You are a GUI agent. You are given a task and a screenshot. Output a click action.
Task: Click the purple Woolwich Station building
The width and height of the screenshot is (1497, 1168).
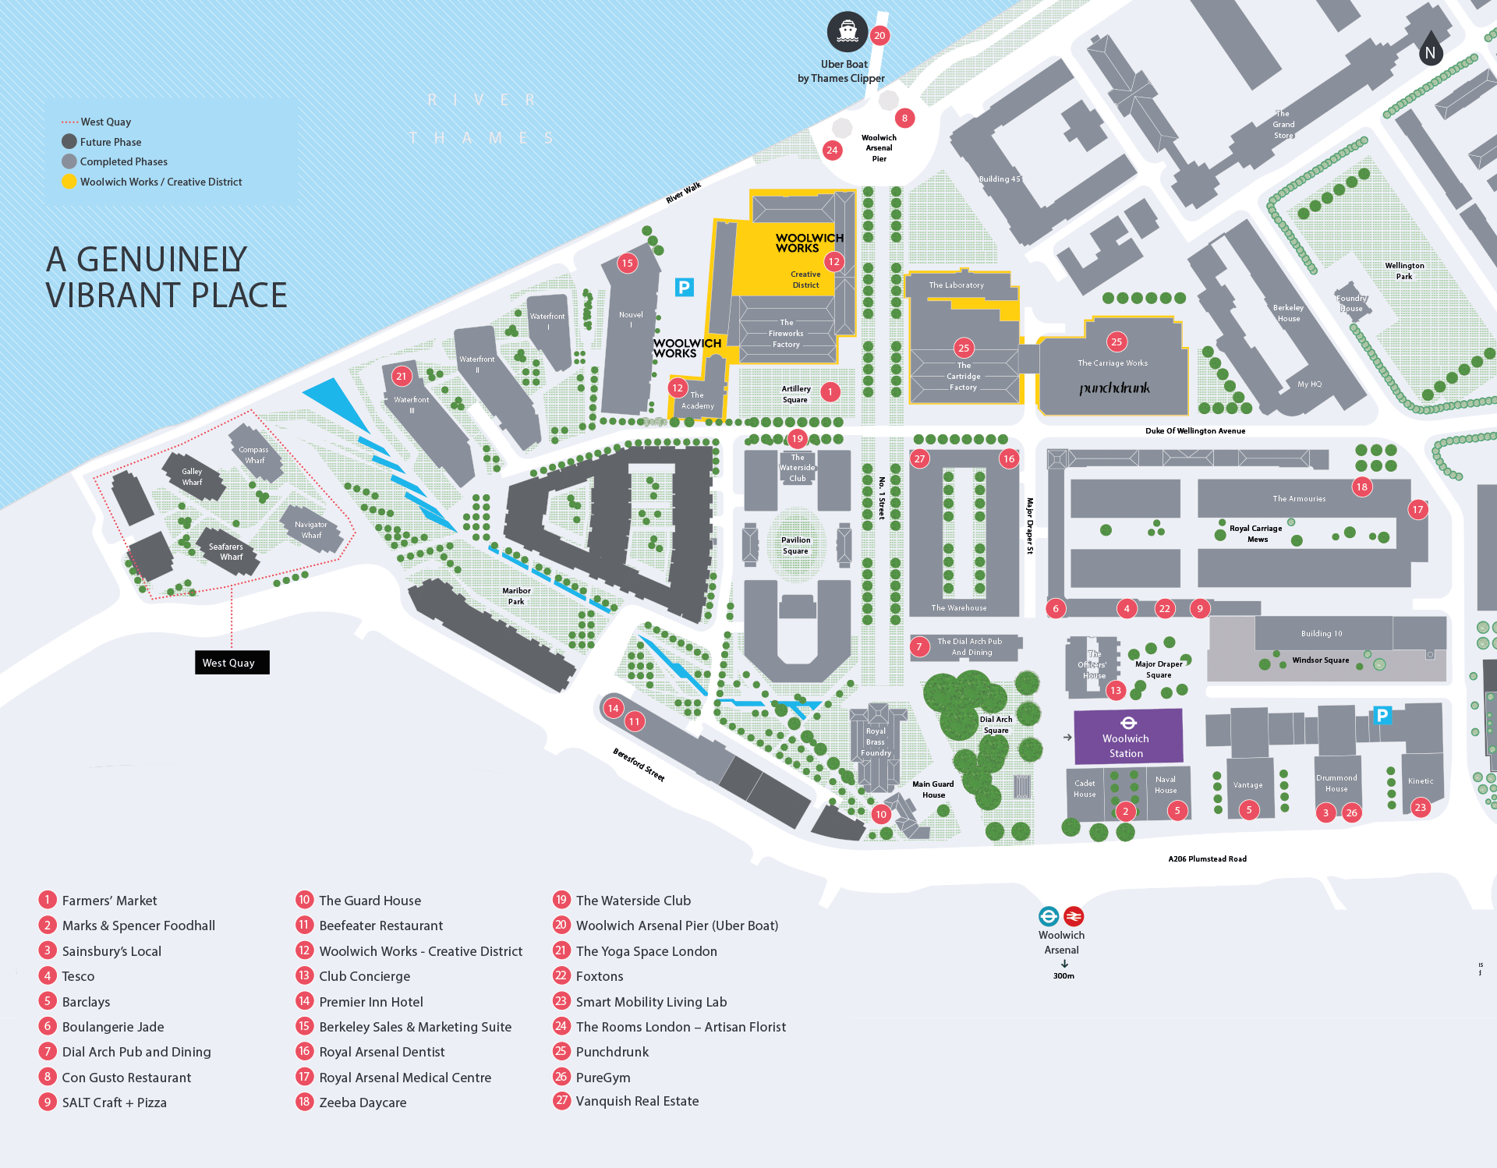1127,736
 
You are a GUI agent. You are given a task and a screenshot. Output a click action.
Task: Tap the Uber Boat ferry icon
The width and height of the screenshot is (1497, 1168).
847,32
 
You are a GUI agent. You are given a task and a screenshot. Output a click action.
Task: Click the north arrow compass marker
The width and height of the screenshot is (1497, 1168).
1430,50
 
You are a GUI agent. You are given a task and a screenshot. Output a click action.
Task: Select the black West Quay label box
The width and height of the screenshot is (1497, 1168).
232,663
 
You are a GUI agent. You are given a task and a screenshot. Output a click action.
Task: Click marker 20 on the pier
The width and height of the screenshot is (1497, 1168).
879,35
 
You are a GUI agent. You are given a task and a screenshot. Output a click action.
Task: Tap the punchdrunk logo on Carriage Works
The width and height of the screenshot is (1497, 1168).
1114,388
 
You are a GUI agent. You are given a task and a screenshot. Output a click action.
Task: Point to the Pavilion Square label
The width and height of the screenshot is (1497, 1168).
795,545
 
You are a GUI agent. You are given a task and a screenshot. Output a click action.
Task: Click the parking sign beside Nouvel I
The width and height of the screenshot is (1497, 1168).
684,287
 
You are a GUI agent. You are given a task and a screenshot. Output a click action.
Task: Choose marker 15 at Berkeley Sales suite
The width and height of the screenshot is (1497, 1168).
627,263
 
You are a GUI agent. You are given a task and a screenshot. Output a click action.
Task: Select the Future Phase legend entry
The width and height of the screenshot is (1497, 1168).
110,142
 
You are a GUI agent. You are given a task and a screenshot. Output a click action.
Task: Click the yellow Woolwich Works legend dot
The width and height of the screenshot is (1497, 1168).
69,182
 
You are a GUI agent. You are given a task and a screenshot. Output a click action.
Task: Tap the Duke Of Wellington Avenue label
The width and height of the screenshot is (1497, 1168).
1194,430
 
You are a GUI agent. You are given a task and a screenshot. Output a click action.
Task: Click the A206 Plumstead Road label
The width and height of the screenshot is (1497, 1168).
1207,858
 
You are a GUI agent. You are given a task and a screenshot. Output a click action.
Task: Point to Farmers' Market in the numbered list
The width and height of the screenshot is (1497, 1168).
109,901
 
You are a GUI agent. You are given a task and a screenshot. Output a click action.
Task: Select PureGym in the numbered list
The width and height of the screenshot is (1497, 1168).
603,1078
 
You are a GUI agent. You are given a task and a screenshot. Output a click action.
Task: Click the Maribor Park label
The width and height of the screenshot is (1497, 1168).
516,596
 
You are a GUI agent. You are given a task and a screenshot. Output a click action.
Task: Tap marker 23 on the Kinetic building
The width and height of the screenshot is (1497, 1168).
1420,808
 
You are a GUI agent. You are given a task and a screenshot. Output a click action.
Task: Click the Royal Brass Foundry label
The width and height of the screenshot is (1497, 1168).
876,742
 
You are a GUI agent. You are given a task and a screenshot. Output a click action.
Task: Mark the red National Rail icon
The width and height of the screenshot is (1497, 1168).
1074,916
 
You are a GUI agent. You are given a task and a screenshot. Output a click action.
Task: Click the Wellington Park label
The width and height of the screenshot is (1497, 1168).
1403,271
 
